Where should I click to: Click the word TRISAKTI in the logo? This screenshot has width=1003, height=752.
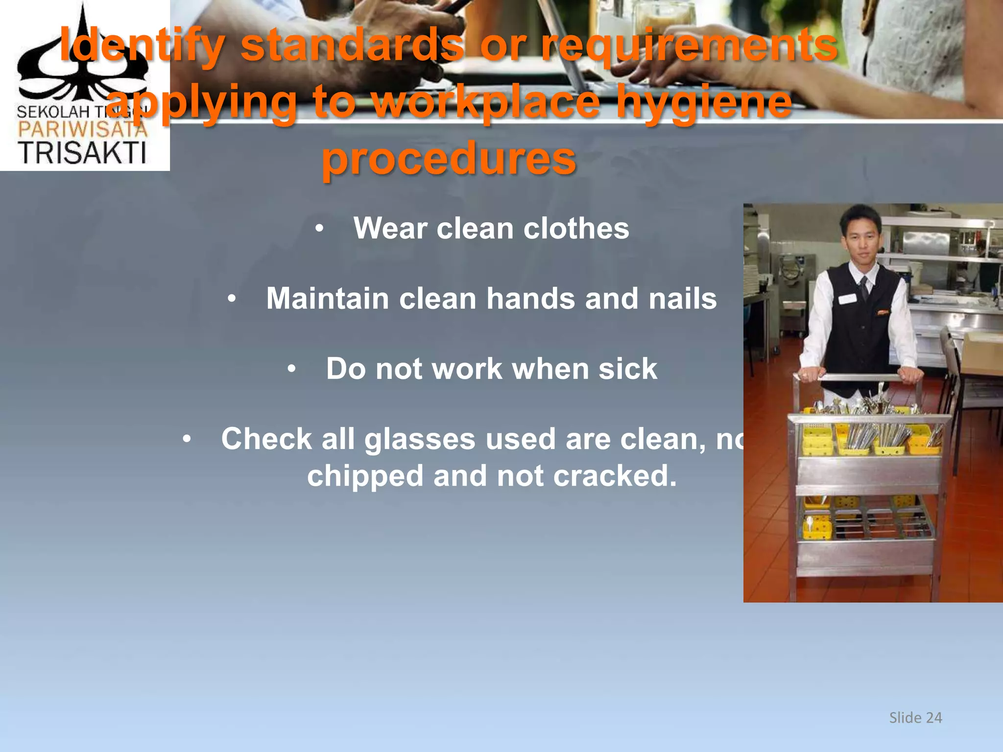pyautogui.click(x=82, y=153)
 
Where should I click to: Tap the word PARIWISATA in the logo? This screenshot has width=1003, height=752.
pyautogui.click(x=82, y=129)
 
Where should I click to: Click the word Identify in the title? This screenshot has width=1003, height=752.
pyautogui.click(x=142, y=45)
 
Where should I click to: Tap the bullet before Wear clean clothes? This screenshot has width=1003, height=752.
pyautogui.click(x=319, y=229)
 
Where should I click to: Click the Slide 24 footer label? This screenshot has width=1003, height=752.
pyautogui.click(x=915, y=718)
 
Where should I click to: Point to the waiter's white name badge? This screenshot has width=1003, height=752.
pyautogui.click(x=847, y=299)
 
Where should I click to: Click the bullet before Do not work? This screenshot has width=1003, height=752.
pyautogui.click(x=291, y=369)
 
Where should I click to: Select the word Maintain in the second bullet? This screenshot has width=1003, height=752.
pyautogui.click(x=327, y=299)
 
